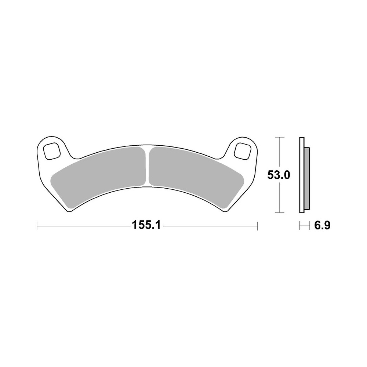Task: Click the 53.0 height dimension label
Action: [279, 175]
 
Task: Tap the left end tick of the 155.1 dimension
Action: [37, 226]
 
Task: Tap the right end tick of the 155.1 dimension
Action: [257, 226]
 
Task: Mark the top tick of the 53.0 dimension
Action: [280, 137]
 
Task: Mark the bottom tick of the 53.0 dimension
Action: [280, 212]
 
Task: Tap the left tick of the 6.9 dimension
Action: [300, 226]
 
